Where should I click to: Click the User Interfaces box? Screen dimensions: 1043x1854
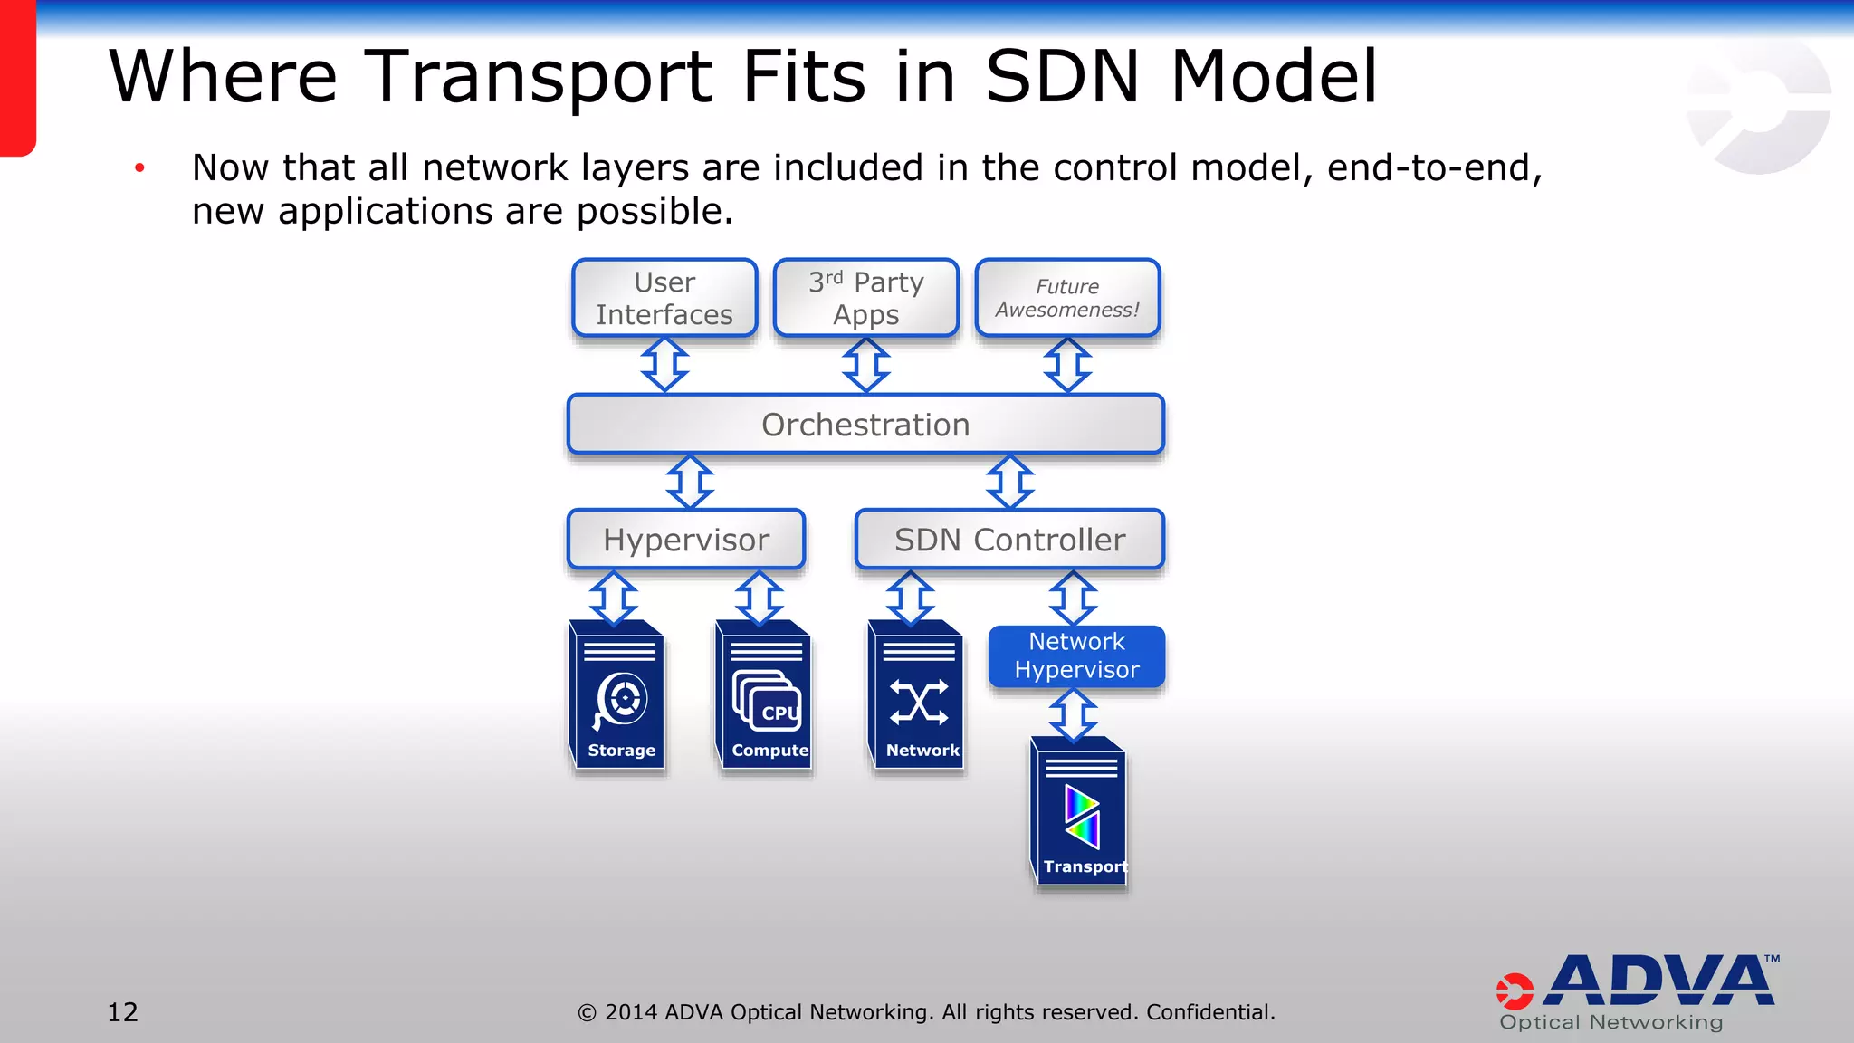(x=664, y=298)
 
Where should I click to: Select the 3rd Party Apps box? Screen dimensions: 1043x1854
(x=866, y=298)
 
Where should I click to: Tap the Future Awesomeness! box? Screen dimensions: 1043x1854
(x=1067, y=298)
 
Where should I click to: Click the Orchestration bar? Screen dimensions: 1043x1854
(x=865, y=424)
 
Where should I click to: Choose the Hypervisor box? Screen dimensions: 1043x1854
(x=686, y=540)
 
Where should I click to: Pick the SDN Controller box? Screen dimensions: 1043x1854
(x=1009, y=540)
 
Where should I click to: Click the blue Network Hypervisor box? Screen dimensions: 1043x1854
(x=1076, y=655)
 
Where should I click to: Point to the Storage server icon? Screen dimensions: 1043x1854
(x=619, y=695)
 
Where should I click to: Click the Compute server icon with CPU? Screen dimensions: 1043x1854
(x=765, y=695)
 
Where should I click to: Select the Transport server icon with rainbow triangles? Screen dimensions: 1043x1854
(x=1080, y=812)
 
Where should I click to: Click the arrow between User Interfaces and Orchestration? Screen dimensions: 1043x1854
(x=664, y=365)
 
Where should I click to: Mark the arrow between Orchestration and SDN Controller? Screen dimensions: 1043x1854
(x=1009, y=482)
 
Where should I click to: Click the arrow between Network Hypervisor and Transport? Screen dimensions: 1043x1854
(x=1074, y=714)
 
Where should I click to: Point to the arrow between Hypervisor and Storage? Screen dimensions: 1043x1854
(x=614, y=598)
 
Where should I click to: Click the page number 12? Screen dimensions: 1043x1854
(x=123, y=1011)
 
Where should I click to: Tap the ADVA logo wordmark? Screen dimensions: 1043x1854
(x=1658, y=981)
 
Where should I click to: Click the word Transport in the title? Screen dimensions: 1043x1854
(x=540, y=77)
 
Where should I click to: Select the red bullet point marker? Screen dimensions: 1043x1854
(x=139, y=167)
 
